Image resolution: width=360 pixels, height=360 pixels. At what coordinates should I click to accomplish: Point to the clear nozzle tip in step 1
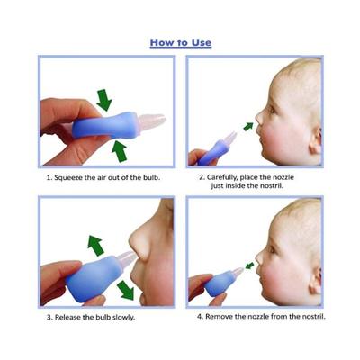coord(152,118)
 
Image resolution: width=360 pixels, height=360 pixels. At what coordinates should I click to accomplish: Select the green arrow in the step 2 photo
coord(247,124)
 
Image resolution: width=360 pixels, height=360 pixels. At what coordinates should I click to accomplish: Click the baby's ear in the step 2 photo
coord(316,139)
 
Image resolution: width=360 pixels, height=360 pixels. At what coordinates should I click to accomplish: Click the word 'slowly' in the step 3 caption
coord(140,318)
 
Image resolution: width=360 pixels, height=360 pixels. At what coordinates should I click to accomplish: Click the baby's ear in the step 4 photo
coord(315,281)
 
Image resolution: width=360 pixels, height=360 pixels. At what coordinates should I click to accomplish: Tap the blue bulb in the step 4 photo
coord(218,283)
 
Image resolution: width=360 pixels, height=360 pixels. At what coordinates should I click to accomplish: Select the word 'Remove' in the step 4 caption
coord(223,317)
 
